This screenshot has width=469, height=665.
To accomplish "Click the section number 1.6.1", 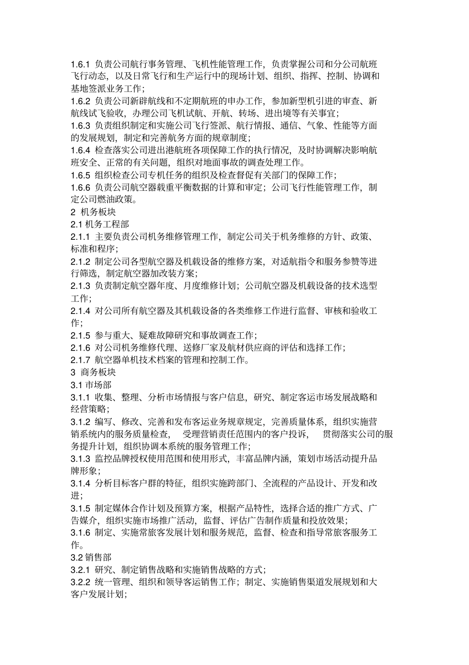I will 80,64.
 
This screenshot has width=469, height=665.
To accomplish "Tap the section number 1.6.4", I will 80,150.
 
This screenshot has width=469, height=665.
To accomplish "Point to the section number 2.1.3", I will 80,286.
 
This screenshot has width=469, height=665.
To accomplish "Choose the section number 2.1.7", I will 80,360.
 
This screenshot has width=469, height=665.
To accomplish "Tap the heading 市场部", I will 98,385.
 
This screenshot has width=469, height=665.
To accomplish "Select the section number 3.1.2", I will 80,422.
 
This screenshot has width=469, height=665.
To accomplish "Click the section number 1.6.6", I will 80,187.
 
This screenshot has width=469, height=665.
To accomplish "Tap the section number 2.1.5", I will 80,335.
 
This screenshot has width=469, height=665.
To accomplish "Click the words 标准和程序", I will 93,249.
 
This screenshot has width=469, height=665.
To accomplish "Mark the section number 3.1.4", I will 80,483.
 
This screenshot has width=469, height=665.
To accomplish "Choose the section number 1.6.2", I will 80,101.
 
